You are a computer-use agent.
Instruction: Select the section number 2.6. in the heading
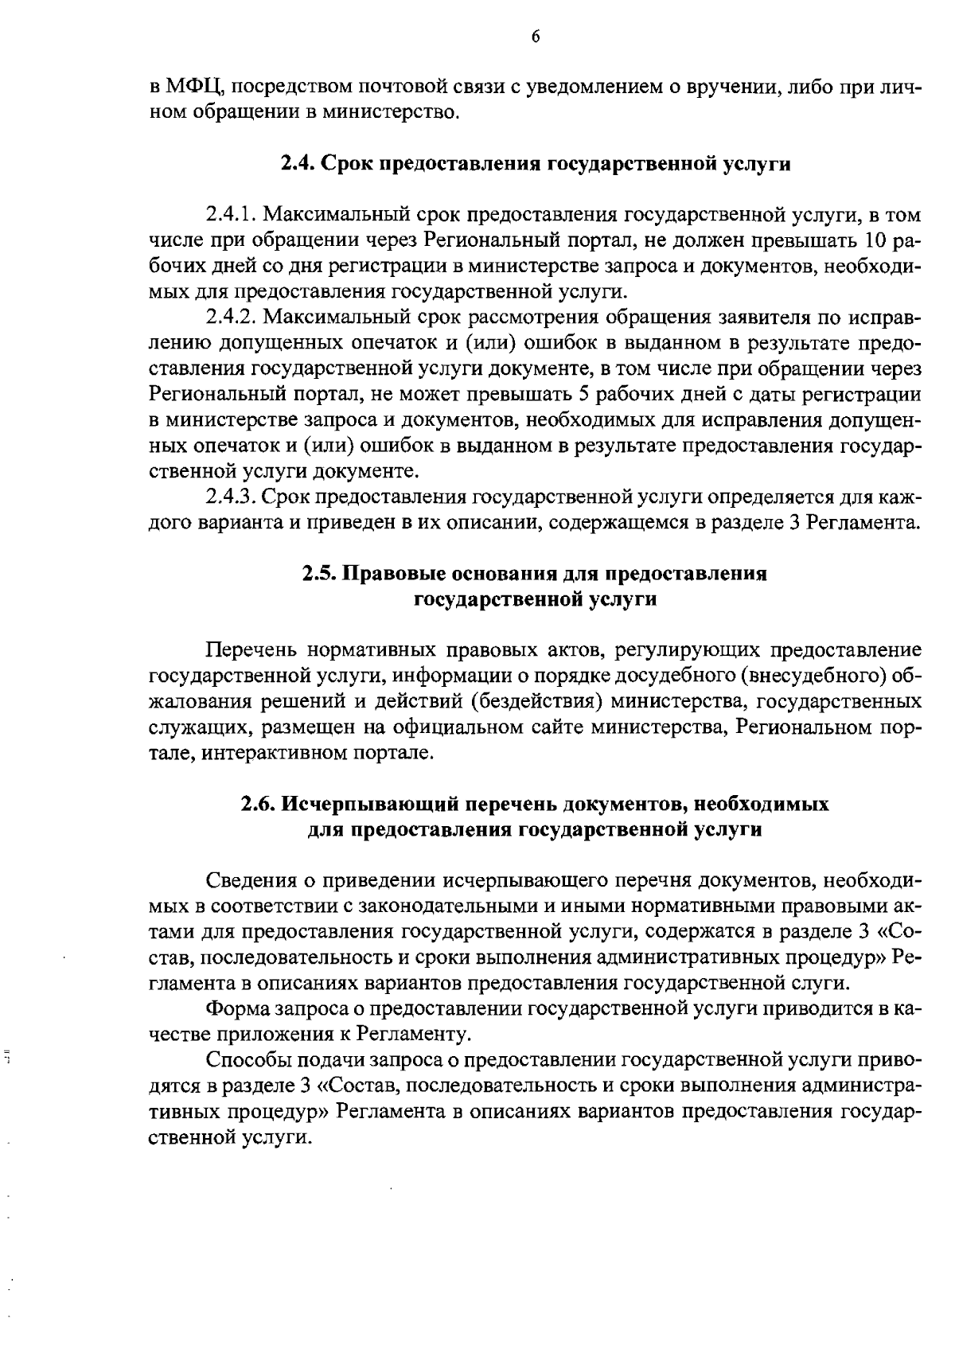click(259, 805)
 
